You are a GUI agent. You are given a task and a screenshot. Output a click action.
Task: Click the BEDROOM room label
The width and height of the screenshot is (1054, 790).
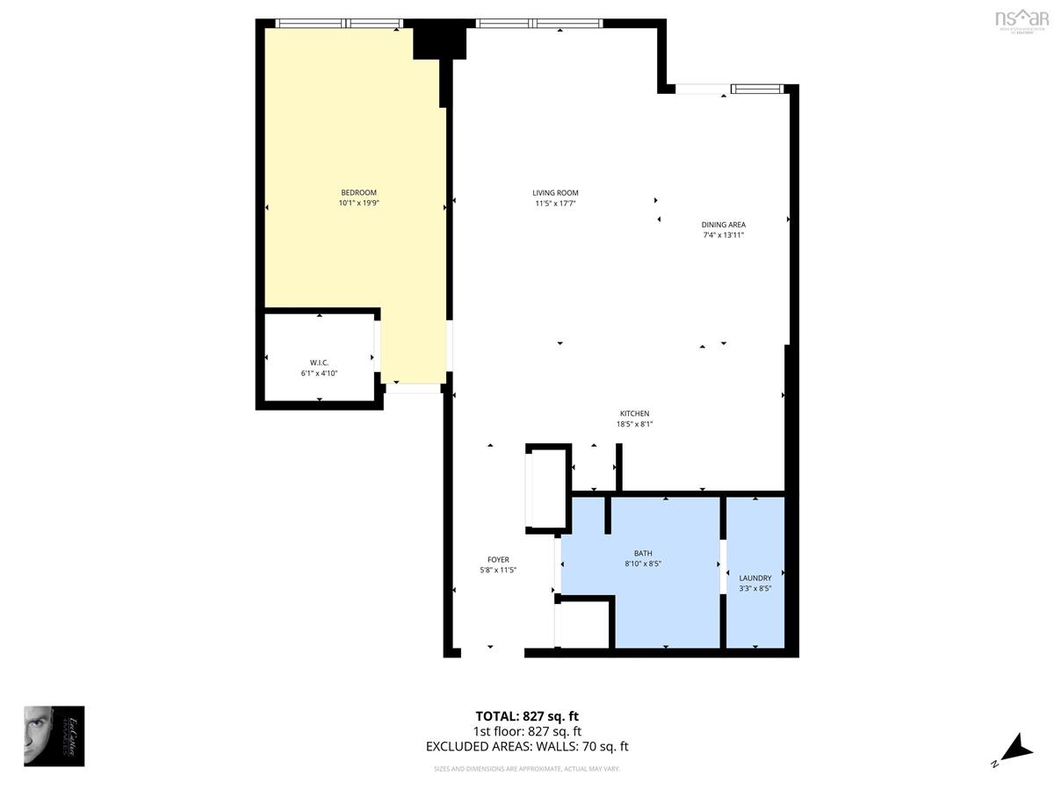(x=358, y=193)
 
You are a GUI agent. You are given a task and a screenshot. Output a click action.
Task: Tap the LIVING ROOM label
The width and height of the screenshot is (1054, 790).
(x=555, y=193)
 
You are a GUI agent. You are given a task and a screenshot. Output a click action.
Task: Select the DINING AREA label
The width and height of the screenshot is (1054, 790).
(x=723, y=225)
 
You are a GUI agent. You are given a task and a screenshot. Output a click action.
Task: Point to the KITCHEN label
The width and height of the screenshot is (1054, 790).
(x=634, y=413)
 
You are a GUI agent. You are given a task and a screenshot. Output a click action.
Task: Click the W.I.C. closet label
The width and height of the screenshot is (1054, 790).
(x=319, y=363)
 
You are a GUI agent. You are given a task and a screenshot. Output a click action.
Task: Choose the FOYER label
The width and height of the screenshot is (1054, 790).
(x=498, y=559)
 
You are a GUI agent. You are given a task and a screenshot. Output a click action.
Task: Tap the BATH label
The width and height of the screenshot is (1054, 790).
(x=643, y=553)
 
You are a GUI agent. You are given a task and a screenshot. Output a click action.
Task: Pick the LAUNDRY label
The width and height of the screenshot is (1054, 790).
(x=754, y=578)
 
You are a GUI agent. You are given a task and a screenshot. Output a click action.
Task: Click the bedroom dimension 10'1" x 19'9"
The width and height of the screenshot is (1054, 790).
(x=358, y=204)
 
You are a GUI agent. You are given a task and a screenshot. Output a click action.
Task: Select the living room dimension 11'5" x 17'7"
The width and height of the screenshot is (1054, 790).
(x=555, y=204)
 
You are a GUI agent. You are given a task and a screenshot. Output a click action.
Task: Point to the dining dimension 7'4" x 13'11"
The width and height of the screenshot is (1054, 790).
(x=723, y=235)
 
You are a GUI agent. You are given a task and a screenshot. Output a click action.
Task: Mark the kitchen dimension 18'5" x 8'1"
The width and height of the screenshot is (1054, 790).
(x=634, y=424)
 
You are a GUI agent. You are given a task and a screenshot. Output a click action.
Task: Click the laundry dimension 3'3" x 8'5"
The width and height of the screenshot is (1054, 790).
(x=754, y=588)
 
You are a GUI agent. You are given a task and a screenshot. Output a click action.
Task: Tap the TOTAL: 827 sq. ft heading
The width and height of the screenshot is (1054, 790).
(x=527, y=715)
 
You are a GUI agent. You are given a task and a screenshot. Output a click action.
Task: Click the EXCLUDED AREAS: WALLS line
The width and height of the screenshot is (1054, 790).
(x=527, y=747)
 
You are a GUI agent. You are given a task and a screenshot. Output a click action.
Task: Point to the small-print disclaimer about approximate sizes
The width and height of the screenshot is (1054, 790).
(x=527, y=769)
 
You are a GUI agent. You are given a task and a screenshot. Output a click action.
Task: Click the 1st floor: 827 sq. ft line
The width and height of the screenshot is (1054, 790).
(x=527, y=731)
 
